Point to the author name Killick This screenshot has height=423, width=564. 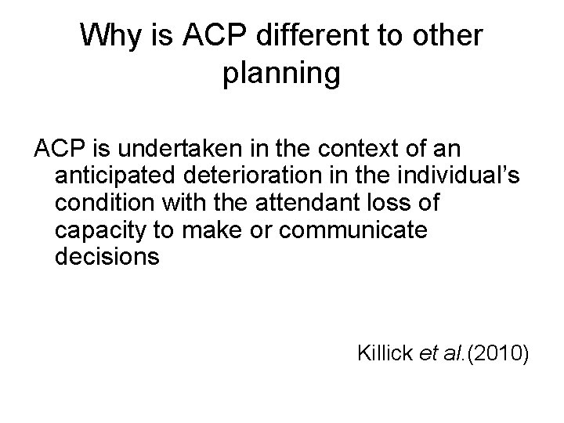pos(384,353)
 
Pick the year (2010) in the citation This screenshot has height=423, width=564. pos(501,353)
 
